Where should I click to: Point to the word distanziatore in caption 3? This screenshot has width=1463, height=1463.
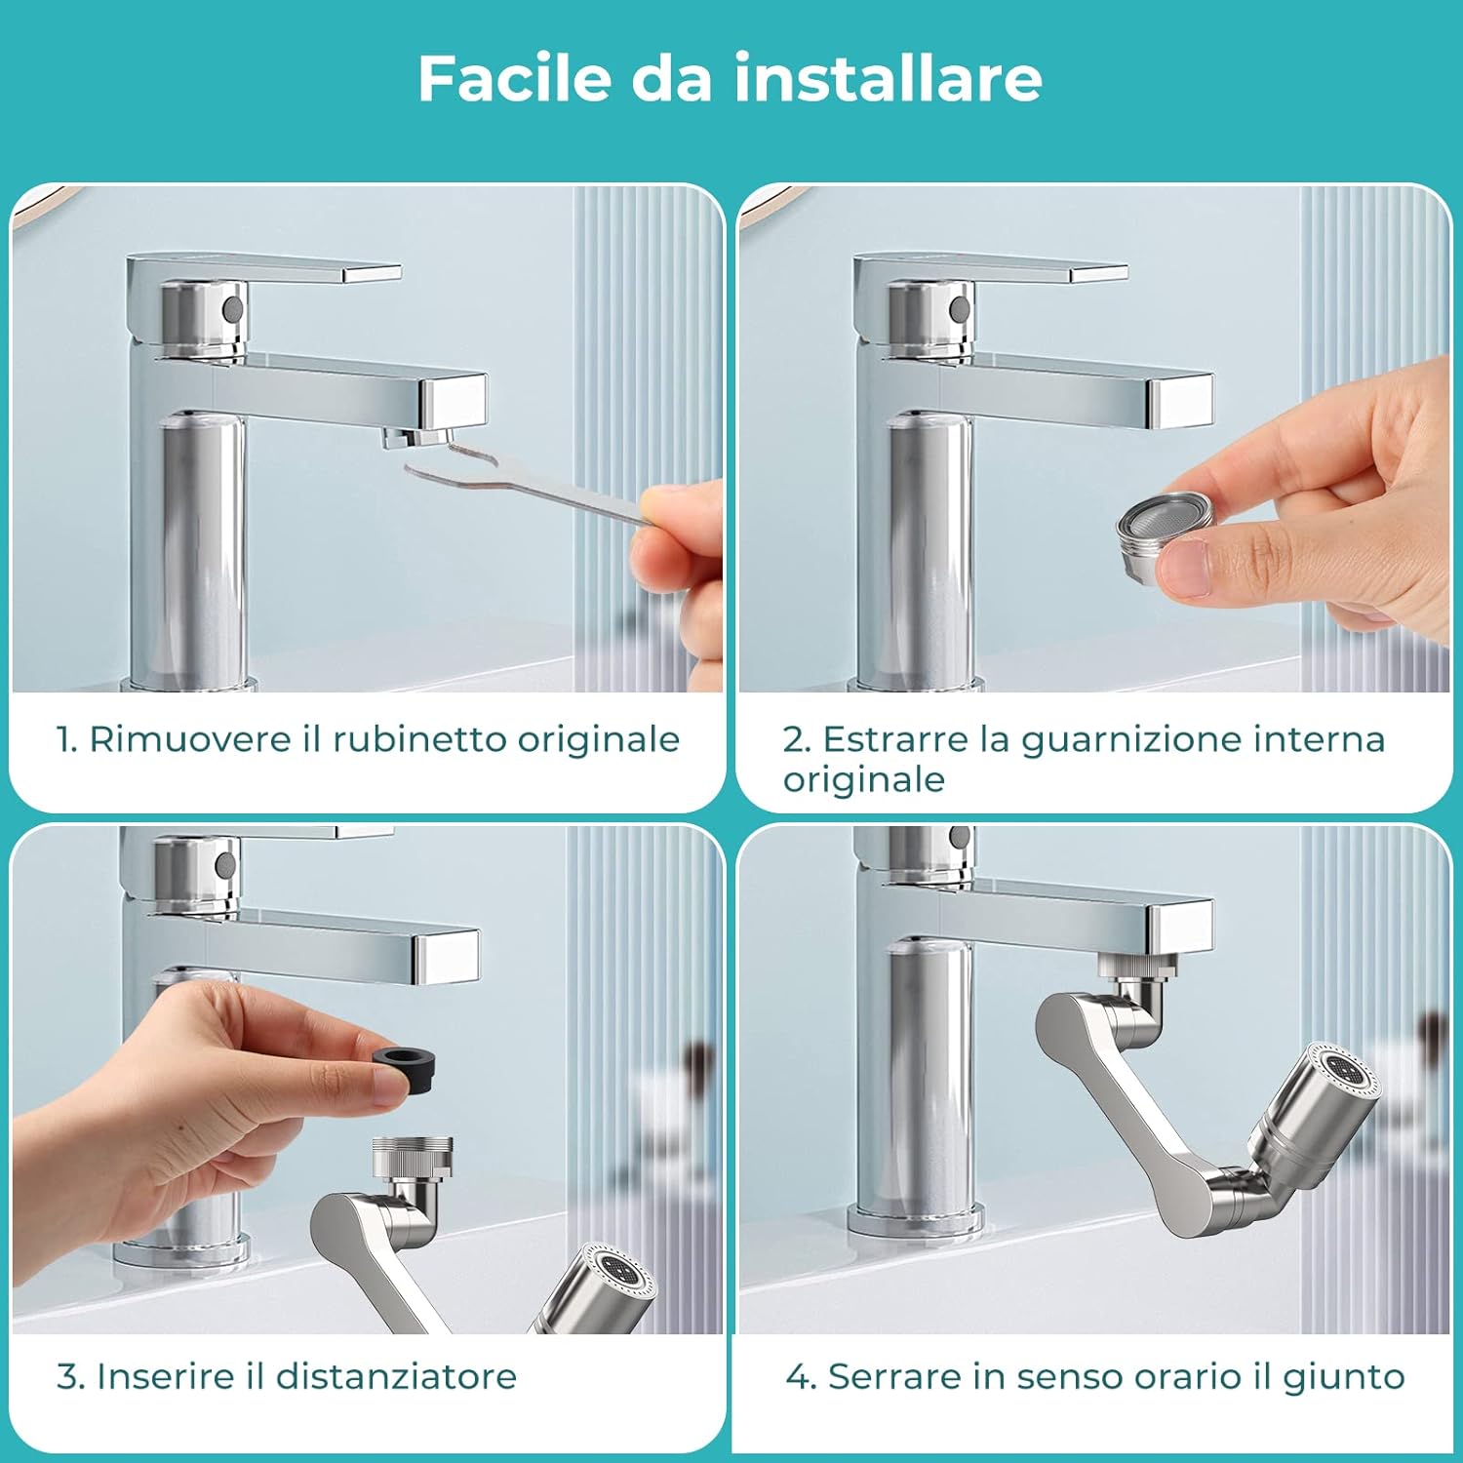[395, 1376]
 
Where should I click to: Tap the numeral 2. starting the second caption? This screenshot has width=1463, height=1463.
[795, 740]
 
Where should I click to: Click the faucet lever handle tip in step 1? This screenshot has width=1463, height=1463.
[376, 273]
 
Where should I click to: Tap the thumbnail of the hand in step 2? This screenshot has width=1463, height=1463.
[1185, 571]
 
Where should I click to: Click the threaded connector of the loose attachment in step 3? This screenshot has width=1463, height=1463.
[413, 1155]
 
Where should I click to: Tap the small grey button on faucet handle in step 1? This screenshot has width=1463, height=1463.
[232, 308]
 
